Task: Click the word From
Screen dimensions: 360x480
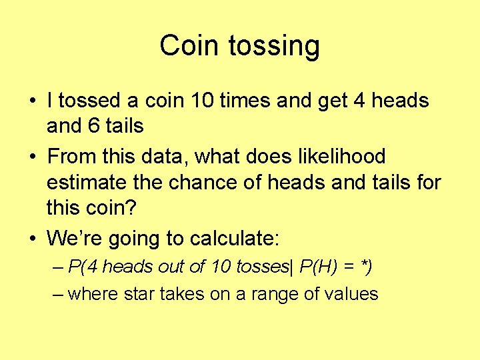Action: pyautogui.click(x=73, y=157)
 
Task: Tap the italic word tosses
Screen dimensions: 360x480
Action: pyautogui.click(x=261, y=267)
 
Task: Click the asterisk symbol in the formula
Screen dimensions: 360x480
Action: pyautogui.click(x=364, y=265)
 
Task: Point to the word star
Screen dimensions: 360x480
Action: pyautogui.click(x=137, y=294)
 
